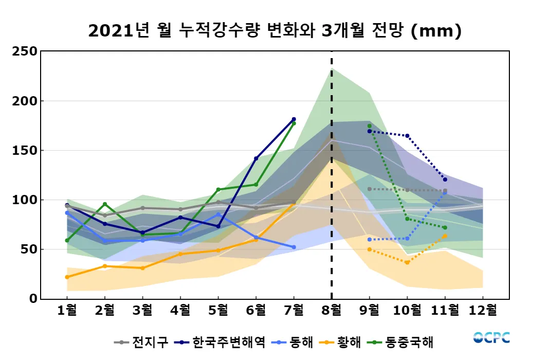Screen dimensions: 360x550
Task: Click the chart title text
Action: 275,31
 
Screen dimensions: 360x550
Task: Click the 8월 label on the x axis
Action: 332,311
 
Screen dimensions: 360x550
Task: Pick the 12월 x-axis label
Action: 483,311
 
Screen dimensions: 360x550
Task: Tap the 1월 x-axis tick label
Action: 67,311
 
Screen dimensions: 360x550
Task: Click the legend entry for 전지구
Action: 141,342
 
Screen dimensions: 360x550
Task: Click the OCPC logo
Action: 491,338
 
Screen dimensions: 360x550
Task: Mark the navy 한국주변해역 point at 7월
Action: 294,119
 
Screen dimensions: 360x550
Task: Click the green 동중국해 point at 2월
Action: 105,204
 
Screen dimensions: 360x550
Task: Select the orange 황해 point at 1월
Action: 67,277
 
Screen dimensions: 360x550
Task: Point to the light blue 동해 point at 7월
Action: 294,247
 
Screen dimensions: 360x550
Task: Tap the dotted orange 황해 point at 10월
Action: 407,263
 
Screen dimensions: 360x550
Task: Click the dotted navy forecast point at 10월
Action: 407,136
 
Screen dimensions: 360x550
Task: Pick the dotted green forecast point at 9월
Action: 369,126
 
